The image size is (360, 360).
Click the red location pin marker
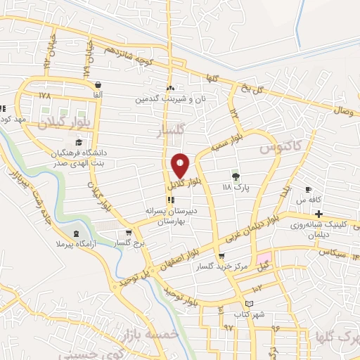(181, 165)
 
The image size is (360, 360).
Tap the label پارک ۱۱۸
(236, 188)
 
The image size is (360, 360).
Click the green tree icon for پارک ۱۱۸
(236, 176)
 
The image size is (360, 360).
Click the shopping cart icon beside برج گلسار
(128, 233)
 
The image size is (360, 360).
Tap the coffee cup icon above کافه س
(307, 190)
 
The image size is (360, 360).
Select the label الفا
(97, 94)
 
